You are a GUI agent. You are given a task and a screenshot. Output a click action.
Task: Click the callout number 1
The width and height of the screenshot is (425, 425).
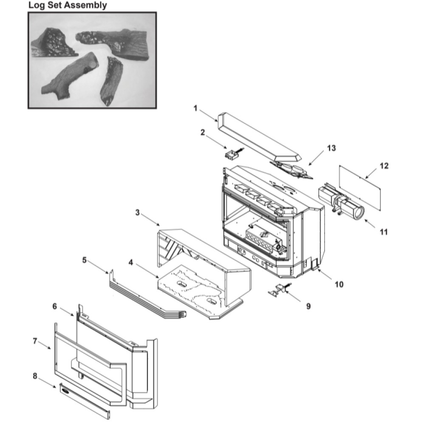195,108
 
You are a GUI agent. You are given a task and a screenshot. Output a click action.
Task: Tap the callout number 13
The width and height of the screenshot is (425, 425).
331,148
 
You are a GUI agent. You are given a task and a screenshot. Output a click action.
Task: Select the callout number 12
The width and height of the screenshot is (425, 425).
384,166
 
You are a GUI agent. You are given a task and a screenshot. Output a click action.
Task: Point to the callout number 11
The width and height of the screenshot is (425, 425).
384,232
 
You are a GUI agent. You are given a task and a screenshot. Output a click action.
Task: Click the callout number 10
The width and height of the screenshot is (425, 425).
339,284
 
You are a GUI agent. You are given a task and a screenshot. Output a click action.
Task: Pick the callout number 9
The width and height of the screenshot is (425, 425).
308,306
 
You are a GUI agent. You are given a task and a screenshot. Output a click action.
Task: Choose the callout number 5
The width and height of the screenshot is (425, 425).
84,260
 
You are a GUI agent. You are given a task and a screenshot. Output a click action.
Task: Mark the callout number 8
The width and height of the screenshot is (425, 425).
35,376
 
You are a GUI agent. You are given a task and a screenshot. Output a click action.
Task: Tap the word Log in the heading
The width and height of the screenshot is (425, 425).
36,5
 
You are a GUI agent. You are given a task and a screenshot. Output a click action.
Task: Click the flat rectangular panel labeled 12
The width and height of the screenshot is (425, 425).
360,187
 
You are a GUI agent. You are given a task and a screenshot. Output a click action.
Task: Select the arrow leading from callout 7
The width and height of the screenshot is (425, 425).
44,345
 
